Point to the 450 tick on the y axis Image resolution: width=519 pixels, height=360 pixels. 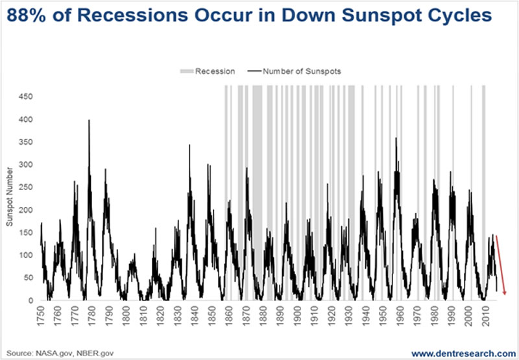pos(25,97)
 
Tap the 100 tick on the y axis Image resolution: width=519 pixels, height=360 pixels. pos(25,255)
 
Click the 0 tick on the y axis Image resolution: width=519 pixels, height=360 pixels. pos(30,300)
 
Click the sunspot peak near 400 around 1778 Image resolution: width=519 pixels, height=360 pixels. pos(89,121)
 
